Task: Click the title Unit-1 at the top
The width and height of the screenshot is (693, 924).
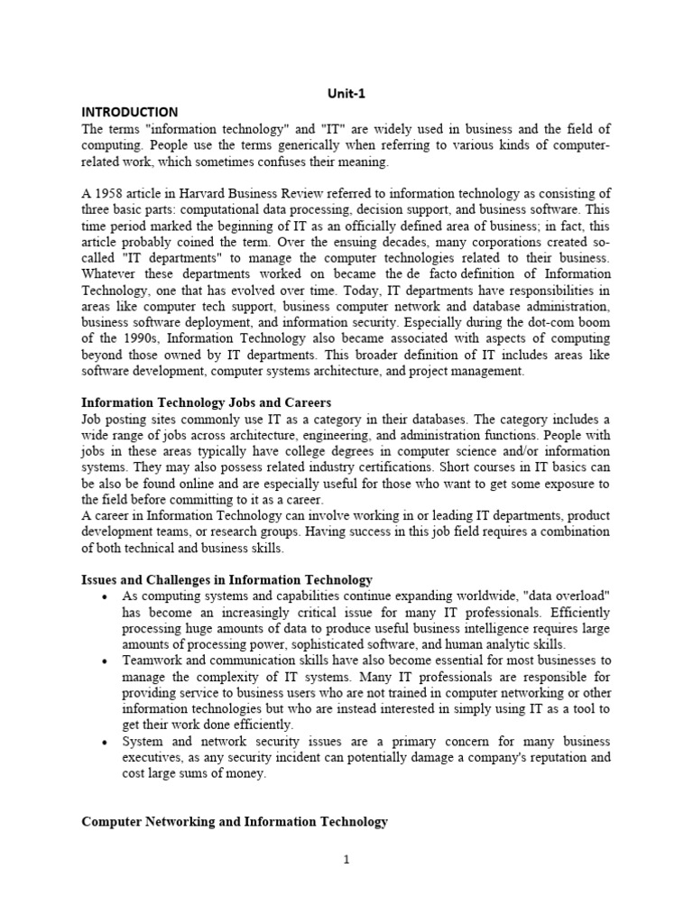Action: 346,94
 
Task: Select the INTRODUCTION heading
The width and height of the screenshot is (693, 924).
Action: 130,111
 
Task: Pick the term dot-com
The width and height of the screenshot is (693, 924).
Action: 551,322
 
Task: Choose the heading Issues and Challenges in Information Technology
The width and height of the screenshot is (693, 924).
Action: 226,579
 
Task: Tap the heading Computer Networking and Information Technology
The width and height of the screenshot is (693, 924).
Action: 235,821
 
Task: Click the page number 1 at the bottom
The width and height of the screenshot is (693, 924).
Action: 346,860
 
